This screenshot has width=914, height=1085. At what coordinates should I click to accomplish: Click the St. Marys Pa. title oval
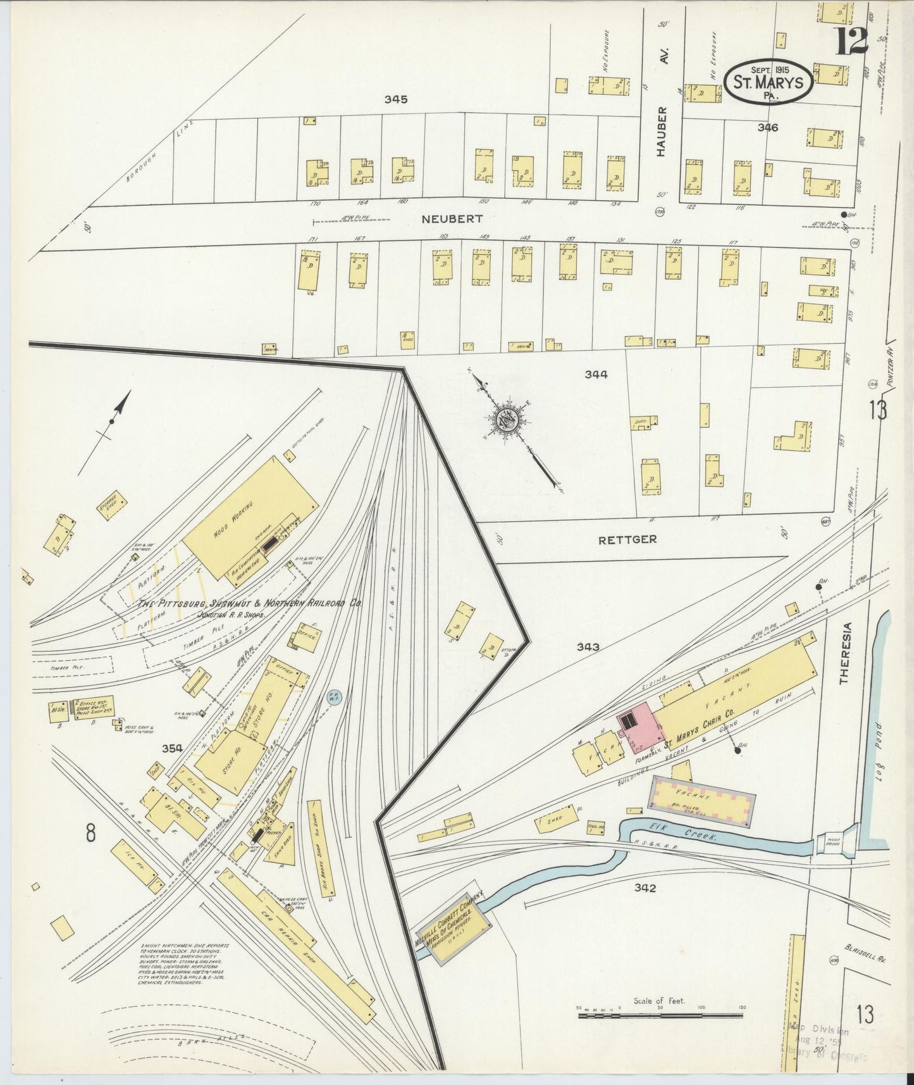769,82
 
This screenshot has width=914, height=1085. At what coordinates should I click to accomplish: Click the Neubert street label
452,219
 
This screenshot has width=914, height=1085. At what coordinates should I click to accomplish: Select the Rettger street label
627,539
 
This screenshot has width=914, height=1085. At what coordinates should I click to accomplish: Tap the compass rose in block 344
507,418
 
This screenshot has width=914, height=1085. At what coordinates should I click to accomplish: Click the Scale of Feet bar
661,1016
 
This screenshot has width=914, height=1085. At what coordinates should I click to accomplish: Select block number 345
395,99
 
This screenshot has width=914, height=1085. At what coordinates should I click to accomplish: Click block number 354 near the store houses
171,748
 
